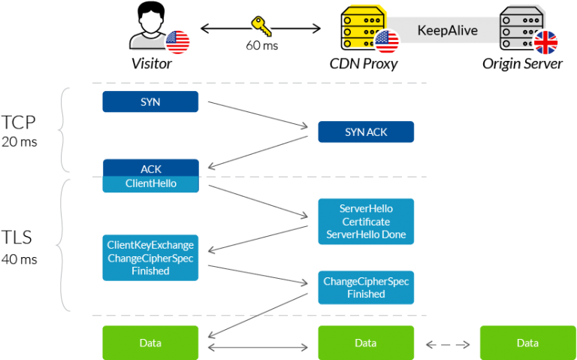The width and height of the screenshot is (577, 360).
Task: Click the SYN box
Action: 150,101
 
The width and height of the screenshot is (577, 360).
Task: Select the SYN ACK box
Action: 366,132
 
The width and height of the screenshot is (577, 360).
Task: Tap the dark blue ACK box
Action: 150,168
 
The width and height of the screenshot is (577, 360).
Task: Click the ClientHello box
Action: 150,183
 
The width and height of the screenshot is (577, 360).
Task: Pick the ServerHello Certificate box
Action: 366,222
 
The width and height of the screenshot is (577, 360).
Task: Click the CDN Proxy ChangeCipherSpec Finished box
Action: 366,287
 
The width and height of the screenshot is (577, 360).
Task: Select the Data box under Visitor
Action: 150,343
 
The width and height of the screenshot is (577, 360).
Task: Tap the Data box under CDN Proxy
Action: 366,343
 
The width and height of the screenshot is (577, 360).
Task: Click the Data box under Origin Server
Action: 527,343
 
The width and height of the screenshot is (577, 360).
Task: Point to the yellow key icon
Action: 261,27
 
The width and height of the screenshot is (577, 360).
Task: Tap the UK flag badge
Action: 546,42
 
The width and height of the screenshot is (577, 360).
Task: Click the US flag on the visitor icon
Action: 179,42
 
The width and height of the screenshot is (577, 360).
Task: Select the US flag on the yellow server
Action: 387,42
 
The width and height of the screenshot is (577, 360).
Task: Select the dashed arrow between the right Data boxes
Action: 447,345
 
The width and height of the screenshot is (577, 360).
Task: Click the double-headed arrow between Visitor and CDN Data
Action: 258,347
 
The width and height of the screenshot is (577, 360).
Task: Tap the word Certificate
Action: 366,222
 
